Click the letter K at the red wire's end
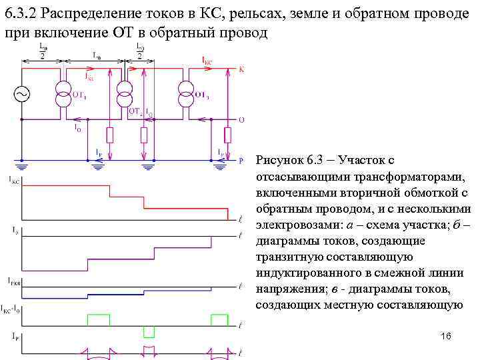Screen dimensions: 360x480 [241, 69]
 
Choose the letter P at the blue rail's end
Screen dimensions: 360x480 [241, 160]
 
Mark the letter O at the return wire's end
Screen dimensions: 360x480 [241, 119]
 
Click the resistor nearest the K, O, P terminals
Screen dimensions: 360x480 [227, 135]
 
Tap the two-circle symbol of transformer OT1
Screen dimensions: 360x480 [63, 95]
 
